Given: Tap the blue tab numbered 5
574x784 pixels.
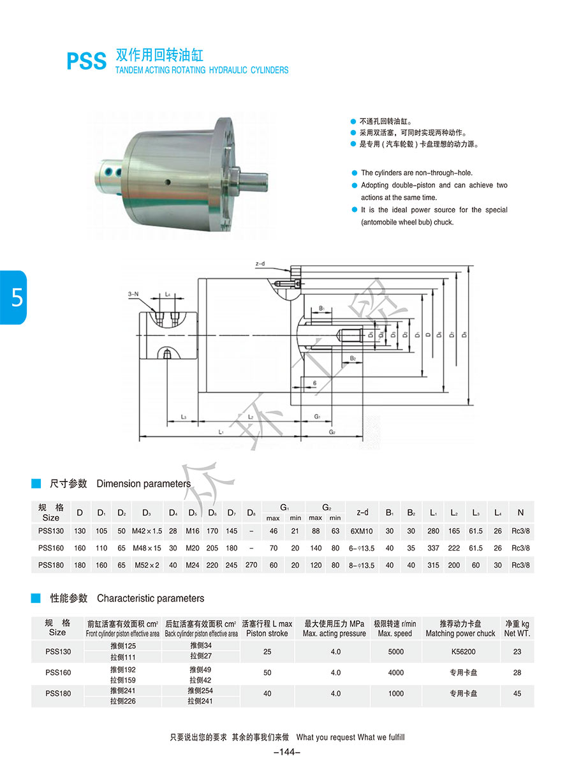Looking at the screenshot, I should [x=13, y=297].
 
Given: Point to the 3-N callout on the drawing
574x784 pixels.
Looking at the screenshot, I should [x=133, y=293].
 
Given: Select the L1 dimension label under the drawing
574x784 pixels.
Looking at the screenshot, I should [x=221, y=432].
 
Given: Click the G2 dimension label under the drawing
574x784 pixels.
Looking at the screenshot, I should [x=332, y=432].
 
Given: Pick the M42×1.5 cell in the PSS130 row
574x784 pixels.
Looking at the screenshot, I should [x=147, y=531].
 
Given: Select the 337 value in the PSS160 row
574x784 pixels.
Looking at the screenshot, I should [x=433, y=548].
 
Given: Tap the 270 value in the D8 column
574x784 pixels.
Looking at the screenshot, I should [x=251, y=565].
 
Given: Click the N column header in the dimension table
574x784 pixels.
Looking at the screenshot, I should [x=520, y=512].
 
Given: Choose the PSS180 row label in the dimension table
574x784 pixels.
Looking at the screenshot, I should [x=51, y=565].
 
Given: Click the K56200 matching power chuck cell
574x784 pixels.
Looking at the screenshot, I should [x=460, y=651].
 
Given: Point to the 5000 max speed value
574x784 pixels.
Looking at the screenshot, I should [x=395, y=651].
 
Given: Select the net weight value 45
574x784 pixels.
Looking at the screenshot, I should [x=517, y=693].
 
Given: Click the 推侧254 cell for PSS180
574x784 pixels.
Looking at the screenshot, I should [x=200, y=690].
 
